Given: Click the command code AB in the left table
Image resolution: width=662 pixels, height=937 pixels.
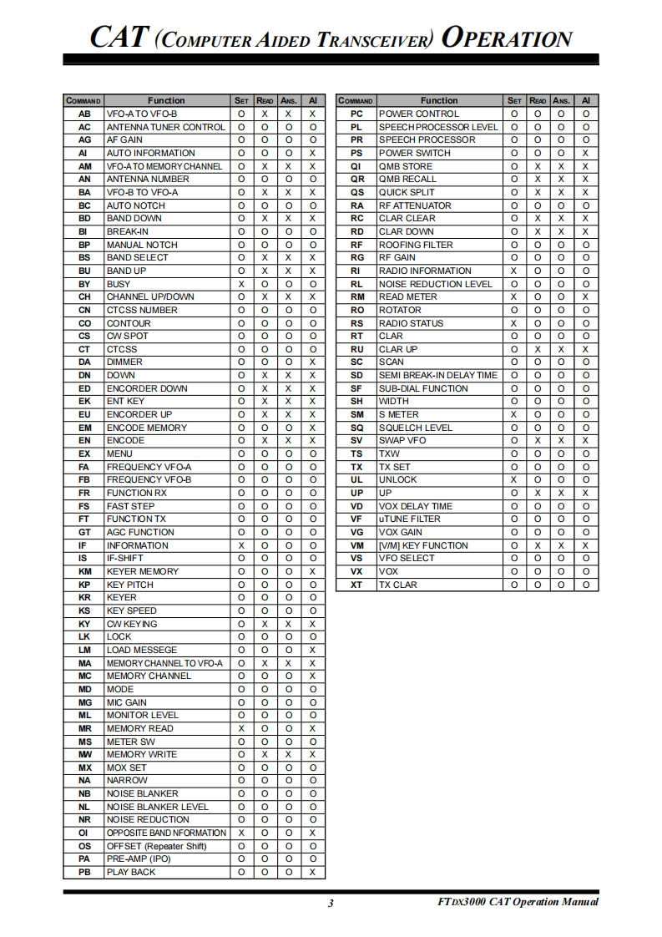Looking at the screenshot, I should [84, 114].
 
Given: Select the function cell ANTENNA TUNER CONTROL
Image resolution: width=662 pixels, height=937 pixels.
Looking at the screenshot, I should [165, 127].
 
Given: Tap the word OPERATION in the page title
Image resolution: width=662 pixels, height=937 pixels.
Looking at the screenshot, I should [507, 38].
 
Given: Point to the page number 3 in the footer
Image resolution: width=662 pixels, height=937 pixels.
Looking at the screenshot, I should [331, 902].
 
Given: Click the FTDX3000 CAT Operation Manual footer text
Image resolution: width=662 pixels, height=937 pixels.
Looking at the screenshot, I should [518, 902].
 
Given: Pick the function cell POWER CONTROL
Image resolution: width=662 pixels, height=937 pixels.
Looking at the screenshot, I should [419, 114].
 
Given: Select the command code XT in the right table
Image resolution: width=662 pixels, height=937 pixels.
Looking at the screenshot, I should [356, 585].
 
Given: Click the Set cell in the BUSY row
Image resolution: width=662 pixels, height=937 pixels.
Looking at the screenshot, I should [241, 284].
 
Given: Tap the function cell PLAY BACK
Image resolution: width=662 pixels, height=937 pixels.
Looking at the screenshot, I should [131, 872].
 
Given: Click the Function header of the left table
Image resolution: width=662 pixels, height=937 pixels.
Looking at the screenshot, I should [166, 100].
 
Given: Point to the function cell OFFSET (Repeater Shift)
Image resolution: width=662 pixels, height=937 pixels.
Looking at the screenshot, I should [156, 846].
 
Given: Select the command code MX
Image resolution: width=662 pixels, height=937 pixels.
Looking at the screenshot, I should [84, 767].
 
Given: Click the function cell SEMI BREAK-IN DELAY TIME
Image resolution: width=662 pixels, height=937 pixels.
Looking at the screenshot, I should [437, 375].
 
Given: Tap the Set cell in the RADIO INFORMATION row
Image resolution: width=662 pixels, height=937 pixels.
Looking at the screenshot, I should [514, 271].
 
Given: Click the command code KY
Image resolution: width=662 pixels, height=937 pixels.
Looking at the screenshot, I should [84, 624].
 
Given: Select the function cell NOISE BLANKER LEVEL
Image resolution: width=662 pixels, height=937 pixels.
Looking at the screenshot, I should [158, 807].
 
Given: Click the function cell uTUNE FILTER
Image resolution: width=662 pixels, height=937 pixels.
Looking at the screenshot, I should [410, 519].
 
